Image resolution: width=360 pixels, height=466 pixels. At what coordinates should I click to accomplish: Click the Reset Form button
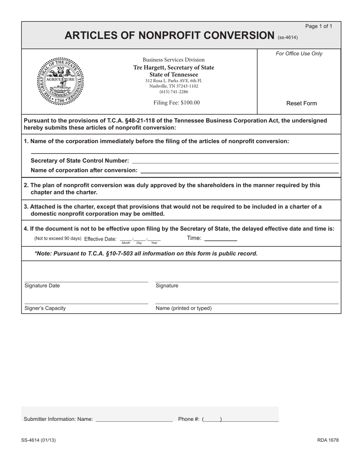pyautogui.click(x=302, y=103)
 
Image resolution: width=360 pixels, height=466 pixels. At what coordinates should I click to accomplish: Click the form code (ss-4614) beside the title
pyautogui.click(x=288, y=38)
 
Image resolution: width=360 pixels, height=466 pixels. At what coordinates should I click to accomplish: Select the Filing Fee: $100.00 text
pyautogui.click(x=177, y=103)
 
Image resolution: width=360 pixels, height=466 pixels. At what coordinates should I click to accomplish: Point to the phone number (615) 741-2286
pyautogui.click(x=174, y=92)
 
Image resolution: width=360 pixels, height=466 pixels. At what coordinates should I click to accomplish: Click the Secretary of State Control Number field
pyautogui.click(x=235, y=161)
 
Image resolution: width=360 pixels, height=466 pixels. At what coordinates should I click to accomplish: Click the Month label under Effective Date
pyautogui.click(x=126, y=243)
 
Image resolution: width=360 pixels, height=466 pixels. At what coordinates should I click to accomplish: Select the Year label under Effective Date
pyautogui.click(x=154, y=243)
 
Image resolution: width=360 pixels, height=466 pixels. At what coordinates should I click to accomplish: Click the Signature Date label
pyautogui.click(x=42, y=286)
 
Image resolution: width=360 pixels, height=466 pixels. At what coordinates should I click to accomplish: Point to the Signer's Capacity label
pyautogui.click(x=45, y=308)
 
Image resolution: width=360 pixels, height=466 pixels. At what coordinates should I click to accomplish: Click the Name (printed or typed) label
pyautogui.click(x=183, y=308)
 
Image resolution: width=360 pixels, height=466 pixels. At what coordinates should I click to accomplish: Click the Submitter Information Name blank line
pyautogui.click(x=134, y=419)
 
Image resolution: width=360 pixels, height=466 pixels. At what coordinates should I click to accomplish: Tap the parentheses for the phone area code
pyautogui.click(x=212, y=419)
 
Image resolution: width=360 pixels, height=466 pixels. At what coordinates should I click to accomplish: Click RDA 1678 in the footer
pyautogui.click(x=328, y=440)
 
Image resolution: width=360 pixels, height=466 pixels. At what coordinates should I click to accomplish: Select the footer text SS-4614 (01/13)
pyautogui.click(x=40, y=440)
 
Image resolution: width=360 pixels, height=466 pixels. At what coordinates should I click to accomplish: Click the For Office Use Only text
pyautogui.click(x=299, y=53)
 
